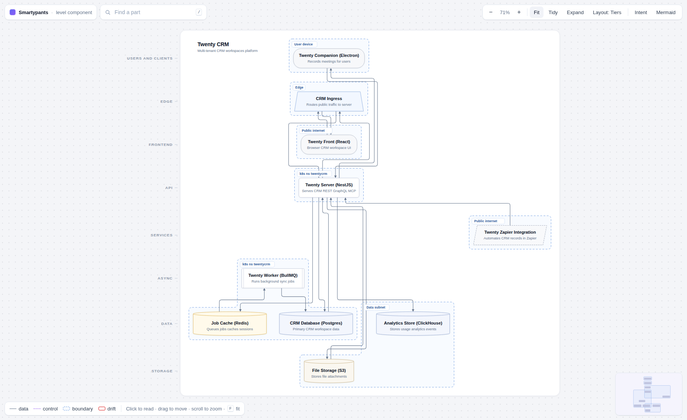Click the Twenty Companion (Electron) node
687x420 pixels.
tap(329, 58)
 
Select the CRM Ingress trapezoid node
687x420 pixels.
tap(329, 101)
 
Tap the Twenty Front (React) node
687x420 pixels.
tap(329, 144)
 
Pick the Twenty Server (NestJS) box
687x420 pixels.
tap(329, 187)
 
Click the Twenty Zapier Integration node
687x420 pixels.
tap(510, 235)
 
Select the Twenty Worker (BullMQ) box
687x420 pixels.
tap(273, 278)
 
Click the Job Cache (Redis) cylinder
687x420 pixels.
tap(230, 324)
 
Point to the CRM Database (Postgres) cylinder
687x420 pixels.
tap(316, 324)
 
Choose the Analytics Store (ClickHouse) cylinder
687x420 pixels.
tap(413, 324)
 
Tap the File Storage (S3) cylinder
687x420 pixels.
tap(329, 371)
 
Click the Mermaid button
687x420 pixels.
tap(666, 12)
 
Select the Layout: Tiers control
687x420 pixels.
tap(607, 12)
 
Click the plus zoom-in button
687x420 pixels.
tap(519, 12)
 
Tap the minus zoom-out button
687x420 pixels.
tap(491, 12)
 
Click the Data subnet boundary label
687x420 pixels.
tap(376, 307)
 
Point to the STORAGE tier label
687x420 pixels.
tap(162, 371)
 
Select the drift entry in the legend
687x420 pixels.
tap(107, 409)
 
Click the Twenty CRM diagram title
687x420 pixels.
tap(213, 44)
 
